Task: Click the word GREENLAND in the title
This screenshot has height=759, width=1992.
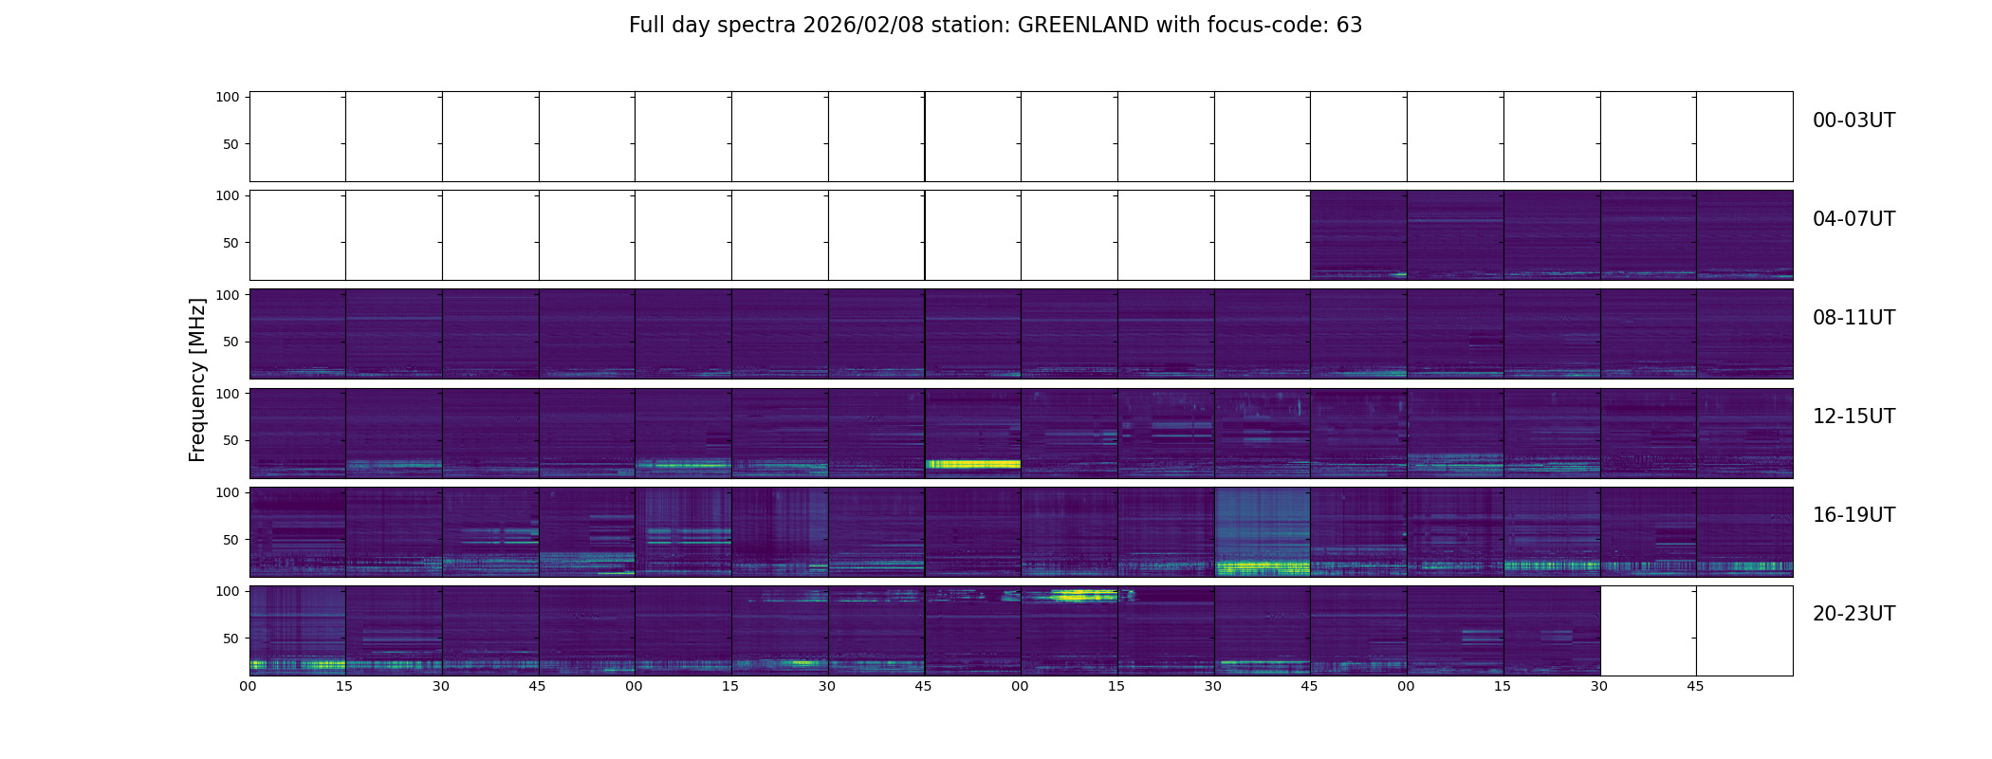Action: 1083,26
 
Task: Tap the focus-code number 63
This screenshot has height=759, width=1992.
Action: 1349,26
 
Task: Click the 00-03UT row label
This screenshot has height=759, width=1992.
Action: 1854,120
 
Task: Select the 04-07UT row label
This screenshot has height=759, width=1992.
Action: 1854,219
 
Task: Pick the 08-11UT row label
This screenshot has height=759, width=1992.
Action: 1854,318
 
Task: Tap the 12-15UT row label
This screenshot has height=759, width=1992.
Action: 1854,417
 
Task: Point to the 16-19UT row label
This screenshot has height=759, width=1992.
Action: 1854,515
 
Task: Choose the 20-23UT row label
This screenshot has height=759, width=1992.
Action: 1854,614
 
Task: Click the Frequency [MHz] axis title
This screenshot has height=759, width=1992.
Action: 197,379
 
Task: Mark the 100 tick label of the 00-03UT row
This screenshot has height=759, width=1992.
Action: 228,97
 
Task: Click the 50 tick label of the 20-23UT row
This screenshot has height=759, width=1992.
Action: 231,639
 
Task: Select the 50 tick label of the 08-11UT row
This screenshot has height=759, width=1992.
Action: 231,342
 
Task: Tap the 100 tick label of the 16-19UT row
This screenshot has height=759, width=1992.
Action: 228,492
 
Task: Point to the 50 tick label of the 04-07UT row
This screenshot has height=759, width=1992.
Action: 231,243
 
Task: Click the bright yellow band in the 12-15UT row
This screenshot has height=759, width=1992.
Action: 972,464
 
